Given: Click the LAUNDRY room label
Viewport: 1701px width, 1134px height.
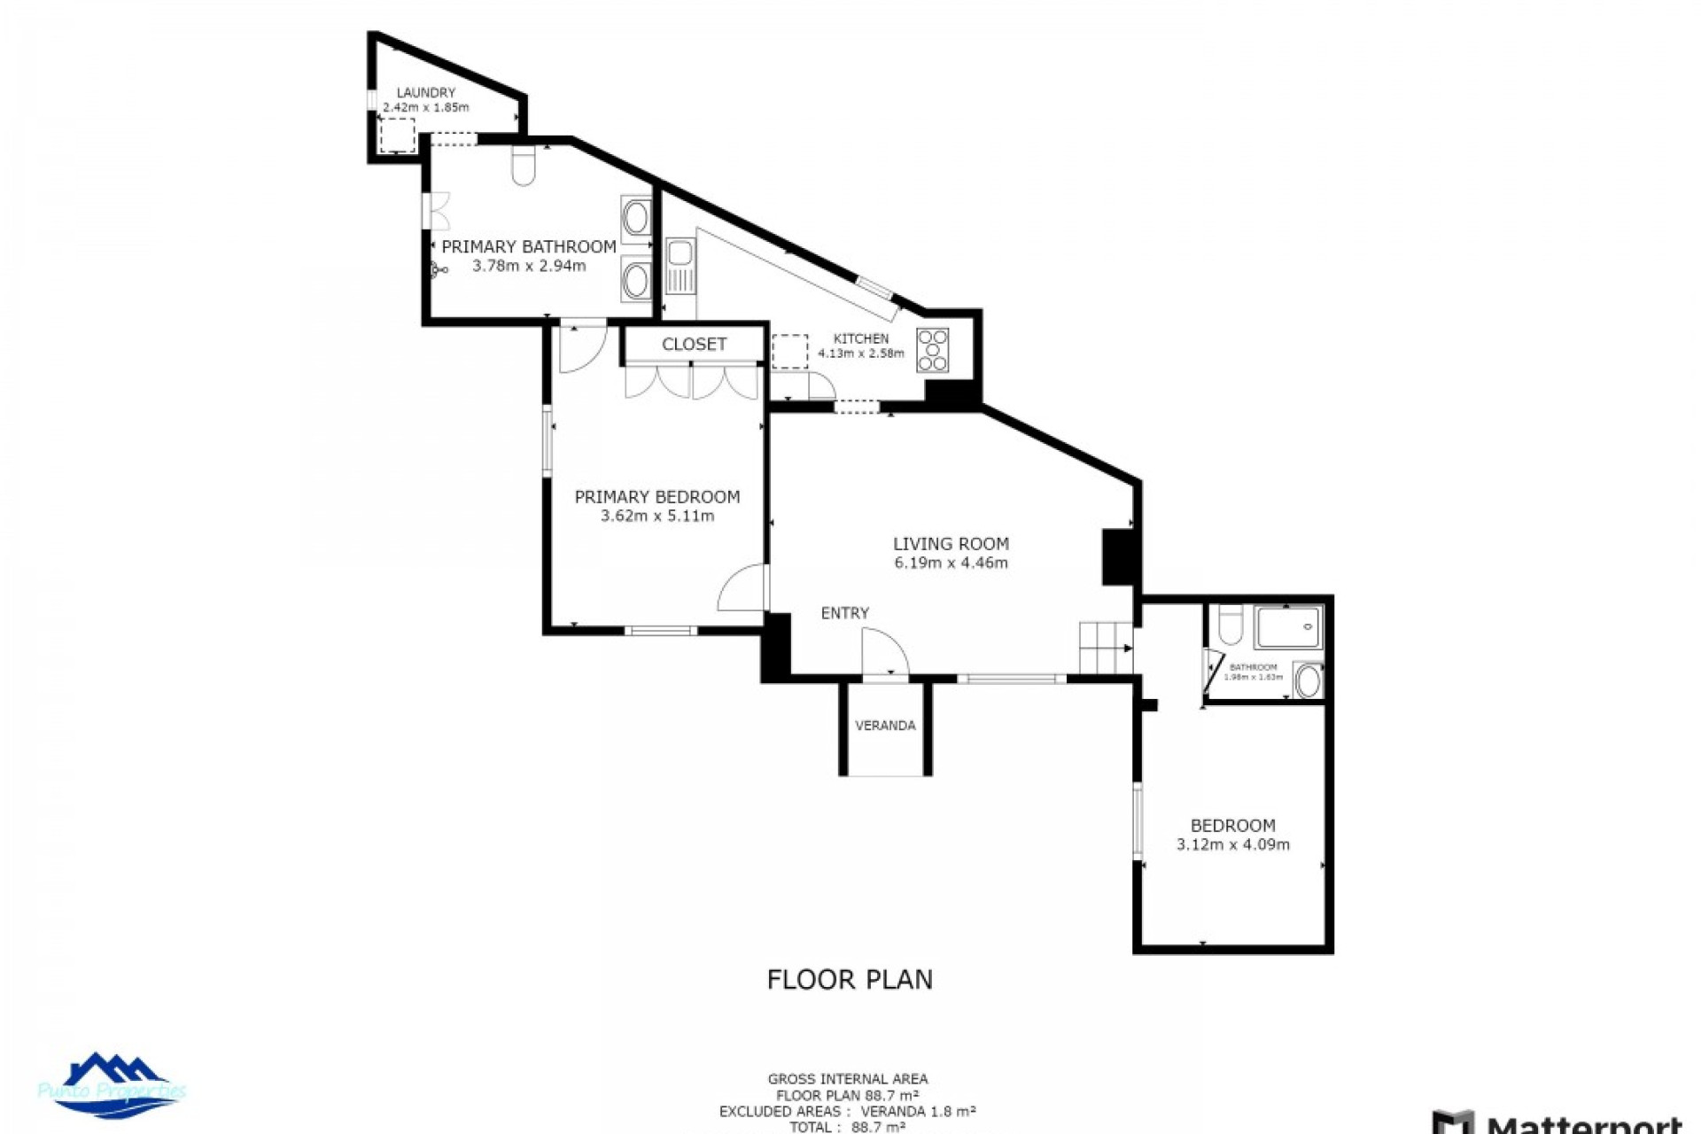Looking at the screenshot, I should pos(425,92).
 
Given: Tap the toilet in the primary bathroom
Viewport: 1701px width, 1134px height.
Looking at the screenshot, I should pos(524,167).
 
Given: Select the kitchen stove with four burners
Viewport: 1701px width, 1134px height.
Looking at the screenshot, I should pos(932,350).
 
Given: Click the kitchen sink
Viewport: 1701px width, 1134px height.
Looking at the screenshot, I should pos(680,266).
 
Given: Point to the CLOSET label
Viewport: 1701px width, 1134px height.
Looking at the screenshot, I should pos(694,344).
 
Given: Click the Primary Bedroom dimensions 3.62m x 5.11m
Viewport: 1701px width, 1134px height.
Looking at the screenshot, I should pos(656,516).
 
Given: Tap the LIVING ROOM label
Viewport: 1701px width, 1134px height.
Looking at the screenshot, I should pos(951,543).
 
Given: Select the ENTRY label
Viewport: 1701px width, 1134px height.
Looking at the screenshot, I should pos(844,613).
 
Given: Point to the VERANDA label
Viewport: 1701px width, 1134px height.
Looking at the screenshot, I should pos(885,726).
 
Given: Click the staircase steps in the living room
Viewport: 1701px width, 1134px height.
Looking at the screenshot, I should pos(1105,648).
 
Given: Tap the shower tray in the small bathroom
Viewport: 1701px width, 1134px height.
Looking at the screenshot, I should pos(1287,627).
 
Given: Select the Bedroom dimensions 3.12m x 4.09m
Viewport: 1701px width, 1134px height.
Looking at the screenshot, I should pos(1232,844).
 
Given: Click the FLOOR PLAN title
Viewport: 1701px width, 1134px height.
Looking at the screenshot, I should pos(849,979).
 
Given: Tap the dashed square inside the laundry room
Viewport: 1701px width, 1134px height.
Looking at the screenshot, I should pos(397,136).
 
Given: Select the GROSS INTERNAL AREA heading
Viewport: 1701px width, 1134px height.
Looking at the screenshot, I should pos(848,1079).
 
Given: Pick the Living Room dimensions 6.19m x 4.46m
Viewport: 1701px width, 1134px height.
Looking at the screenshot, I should pos(951,563).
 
